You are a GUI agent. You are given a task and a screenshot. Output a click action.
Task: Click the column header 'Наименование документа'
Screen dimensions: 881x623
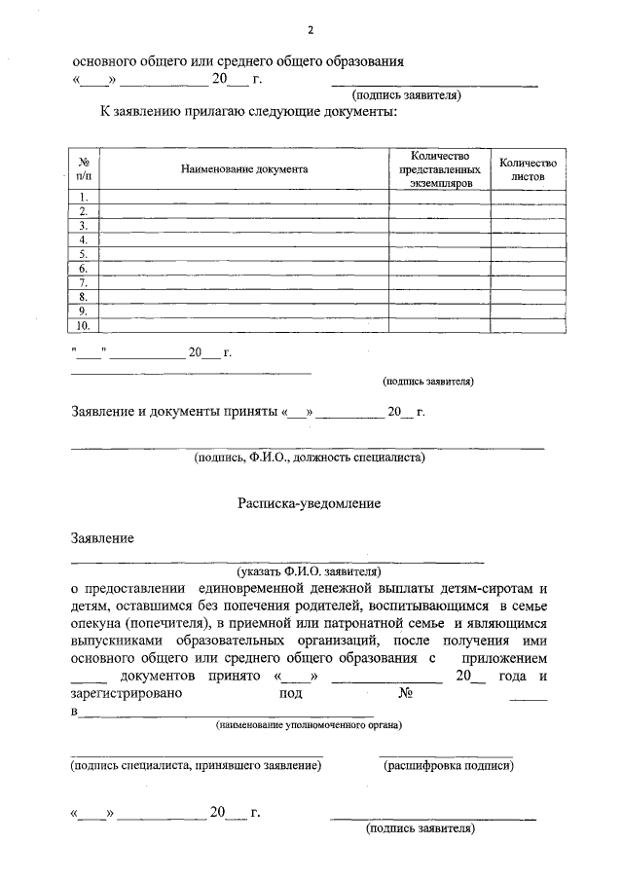[x=244, y=168]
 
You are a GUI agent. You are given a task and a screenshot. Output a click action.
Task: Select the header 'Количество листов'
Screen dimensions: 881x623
[x=527, y=168]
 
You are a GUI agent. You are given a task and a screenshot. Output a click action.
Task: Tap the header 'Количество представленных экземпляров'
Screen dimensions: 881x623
[x=439, y=168]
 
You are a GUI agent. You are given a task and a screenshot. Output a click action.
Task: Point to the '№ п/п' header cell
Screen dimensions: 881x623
[x=84, y=168]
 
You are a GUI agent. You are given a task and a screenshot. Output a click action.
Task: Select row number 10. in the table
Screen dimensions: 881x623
[x=84, y=326]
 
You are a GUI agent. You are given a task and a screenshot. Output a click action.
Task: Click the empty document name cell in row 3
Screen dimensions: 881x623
[x=244, y=226]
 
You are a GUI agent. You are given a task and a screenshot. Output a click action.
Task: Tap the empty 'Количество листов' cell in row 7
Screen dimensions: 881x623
[x=527, y=283]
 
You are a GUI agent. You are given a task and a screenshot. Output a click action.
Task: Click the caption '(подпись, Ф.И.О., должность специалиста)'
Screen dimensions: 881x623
[x=309, y=456]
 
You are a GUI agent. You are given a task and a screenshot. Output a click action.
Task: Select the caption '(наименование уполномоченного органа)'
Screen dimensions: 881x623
[x=310, y=725]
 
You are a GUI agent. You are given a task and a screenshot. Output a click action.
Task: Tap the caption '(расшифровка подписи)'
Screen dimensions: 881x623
[x=448, y=766]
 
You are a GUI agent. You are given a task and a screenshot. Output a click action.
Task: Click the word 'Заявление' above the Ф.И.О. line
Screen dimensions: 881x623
[x=103, y=538]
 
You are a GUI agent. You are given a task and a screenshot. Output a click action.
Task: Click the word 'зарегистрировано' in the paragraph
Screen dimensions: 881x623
[x=126, y=693]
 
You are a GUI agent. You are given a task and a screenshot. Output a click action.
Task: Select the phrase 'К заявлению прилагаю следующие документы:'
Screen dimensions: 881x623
[x=249, y=112]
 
